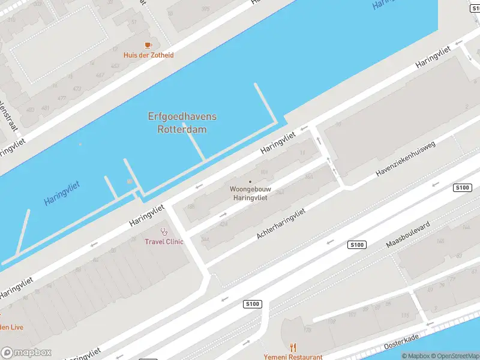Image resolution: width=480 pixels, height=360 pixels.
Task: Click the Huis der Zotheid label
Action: click(148, 55)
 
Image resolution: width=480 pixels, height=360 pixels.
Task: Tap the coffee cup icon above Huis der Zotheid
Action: click(148, 45)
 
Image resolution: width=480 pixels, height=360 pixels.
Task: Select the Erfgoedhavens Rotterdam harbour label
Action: click(182, 123)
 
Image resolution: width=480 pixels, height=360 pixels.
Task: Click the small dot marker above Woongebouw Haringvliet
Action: click(250, 182)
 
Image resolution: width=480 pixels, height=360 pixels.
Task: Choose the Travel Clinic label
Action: click(164, 242)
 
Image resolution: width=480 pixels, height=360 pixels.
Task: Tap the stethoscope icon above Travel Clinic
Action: click(164, 232)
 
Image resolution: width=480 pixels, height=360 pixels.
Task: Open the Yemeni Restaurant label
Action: click(293, 357)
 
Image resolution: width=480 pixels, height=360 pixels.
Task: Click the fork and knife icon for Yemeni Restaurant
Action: click(293, 347)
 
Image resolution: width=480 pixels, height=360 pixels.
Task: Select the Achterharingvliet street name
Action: click(281, 224)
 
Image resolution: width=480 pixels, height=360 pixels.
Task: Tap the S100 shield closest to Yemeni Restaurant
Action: click(253, 305)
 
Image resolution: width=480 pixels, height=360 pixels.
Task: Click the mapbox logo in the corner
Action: click(26, 353)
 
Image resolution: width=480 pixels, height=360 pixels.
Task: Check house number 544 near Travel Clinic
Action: click(205, 239)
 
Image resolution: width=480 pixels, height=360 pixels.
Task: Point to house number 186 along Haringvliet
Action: click(191, 206)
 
